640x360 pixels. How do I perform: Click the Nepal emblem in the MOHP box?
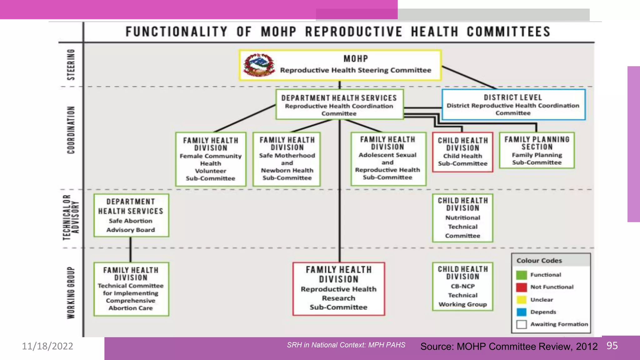click(259, 65)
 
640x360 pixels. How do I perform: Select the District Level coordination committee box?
click(513, 105)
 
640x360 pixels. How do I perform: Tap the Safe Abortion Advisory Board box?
click(131, 216)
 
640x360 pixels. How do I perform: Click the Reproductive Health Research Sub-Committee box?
click(338, 289)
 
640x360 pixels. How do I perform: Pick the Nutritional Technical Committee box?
click(462, 218)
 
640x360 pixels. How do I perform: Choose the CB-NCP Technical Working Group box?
click(462, 287)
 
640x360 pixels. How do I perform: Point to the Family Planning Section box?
click(537, 150)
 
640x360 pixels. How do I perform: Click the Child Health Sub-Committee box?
click(462, 152)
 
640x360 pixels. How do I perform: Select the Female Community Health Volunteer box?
click(211, 159)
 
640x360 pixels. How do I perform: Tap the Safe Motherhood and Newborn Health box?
click(287, 159)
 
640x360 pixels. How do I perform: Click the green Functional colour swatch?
click(521, 275)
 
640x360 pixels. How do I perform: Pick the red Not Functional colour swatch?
click(521, 287)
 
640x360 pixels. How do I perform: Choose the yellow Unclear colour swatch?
click(521, 300)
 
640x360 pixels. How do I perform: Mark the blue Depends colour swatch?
click(521, 312)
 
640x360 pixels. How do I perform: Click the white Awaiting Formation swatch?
click(521, 324)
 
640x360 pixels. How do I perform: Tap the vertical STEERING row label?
click(71, 64)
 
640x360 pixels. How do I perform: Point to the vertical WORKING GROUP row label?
click(71, 292)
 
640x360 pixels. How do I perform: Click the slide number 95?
click(612, 346)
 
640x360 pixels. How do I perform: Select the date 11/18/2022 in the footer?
click(47, 346)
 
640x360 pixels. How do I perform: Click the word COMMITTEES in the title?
click(508, 32)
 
